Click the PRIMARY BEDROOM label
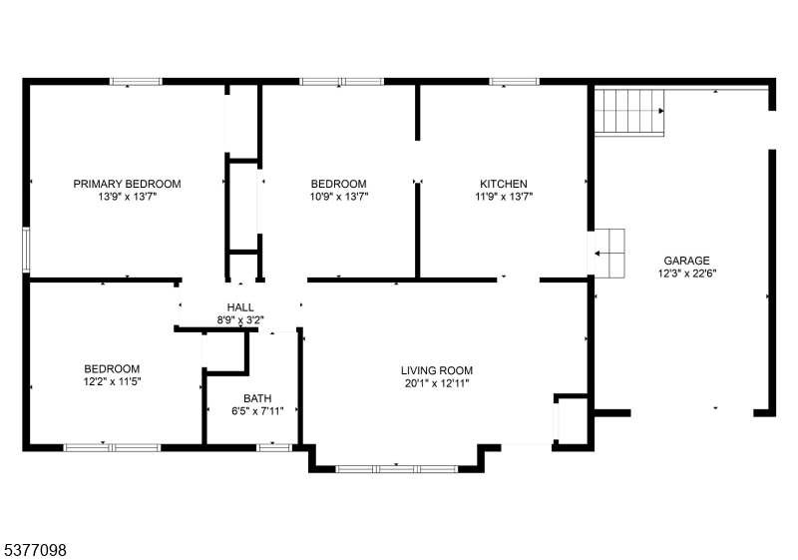(x=128, y=184)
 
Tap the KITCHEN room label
(x=504, y=184)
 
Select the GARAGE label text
(x=686, y=261)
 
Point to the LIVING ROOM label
(x=437, y=370)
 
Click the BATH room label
(x=257, y=398)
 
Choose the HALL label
(x=240, y=307)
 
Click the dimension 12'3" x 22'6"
(x=687, y=274)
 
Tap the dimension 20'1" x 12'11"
(x=437, y=383)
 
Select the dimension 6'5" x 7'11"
(x=257, y=411)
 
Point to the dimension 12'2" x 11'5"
(x=112, y=381)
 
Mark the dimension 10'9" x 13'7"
(x=339, y=197)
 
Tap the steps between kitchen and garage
(x=609, y=254)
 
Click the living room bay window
(x=396, y=469)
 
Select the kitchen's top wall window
(x=514, y=82)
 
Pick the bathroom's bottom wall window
(x=273, y=448)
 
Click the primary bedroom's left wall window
(x=26, y=250)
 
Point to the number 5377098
(x=36, y=550)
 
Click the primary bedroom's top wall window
(x=136, y=82)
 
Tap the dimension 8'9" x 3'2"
(x=240, y=320)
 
